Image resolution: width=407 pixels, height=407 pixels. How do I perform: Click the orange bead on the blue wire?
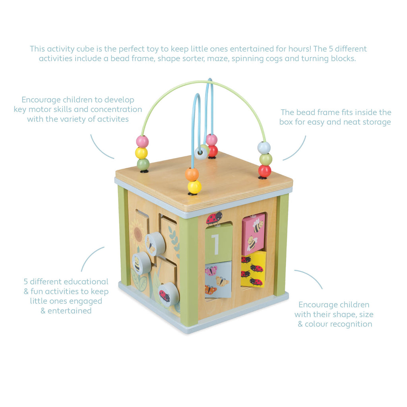[x=192, y=174]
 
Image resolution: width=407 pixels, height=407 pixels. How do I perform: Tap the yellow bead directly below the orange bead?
[x=194, y=187]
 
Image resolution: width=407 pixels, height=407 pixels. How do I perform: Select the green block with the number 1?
[x=218, y=243]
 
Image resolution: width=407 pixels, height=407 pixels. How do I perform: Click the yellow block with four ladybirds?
[x=253, y=269]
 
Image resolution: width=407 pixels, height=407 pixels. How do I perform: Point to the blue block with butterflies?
[x=218, y=279]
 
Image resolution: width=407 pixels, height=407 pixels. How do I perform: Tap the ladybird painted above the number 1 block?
[x=214, y=217]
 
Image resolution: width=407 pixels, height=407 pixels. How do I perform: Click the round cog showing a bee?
[x=141, y=263]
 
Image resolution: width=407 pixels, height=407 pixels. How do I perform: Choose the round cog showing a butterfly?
[x=155, y=244]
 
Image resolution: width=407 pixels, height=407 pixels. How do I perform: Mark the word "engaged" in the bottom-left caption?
[x=87, y=301]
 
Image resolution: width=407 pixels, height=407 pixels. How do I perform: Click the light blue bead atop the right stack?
[x=264, y=147]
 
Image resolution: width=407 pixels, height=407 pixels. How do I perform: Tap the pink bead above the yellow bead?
[x=142, y=141]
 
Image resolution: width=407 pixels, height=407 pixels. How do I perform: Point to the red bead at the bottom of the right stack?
[x=264, y=171]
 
